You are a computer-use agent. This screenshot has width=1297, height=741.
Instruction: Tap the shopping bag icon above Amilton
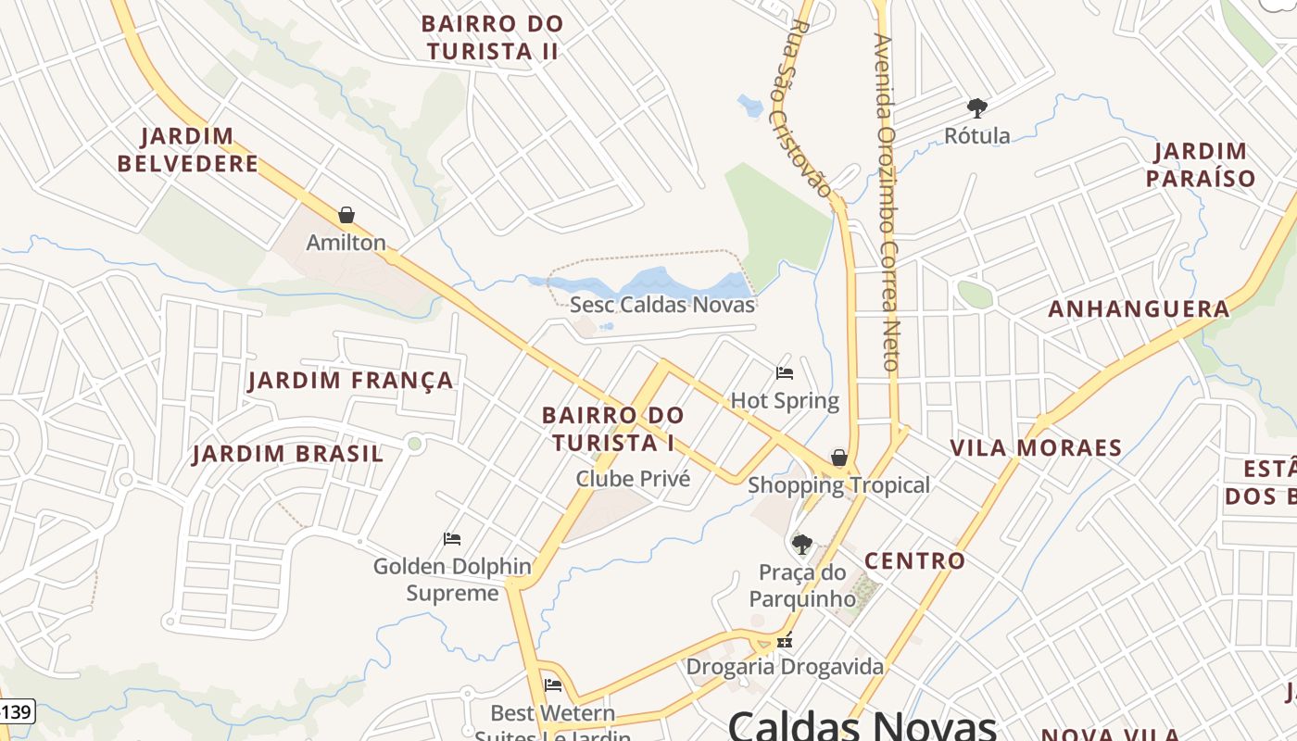346,215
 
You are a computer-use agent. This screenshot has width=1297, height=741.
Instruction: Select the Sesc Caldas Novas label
662,304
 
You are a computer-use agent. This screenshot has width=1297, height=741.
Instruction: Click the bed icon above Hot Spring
785,373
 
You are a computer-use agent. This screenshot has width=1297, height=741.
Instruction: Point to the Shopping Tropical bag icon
838,458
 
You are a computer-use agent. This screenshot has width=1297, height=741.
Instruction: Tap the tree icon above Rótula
976,108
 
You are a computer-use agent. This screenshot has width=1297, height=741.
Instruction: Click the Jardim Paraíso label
1201,165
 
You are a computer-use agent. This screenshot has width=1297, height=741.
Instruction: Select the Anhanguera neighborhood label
1139,309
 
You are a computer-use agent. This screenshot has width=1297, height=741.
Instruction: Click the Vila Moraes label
1036,448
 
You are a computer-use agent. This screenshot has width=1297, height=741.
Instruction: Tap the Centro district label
914,560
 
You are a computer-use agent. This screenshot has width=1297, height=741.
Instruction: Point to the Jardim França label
351,380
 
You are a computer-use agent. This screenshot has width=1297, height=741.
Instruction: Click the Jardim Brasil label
287,454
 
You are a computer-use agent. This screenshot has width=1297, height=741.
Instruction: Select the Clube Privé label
633,479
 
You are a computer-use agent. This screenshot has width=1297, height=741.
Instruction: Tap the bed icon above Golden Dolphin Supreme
452,538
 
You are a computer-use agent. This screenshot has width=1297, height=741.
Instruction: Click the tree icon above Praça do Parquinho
802,544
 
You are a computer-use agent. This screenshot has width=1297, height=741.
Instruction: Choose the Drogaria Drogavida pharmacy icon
785,640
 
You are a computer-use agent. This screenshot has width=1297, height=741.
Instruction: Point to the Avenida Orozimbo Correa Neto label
887,204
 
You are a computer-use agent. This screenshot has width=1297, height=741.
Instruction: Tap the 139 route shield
16,712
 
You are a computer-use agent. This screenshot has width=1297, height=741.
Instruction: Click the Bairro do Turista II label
492,37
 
